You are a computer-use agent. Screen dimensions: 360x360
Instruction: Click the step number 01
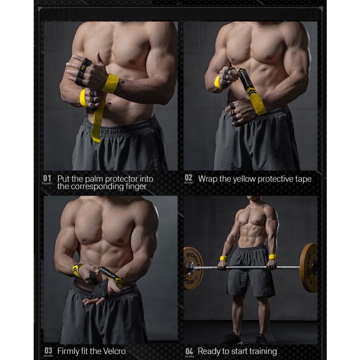click(47, 178)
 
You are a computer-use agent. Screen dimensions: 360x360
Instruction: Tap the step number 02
click(188, 178)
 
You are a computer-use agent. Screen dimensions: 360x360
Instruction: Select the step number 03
click(47, 350)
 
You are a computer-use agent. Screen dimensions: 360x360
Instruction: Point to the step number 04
click(189, 350)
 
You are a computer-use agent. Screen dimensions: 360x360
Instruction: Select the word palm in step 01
click(93, 179)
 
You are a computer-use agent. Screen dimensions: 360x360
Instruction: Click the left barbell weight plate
click(193, 268)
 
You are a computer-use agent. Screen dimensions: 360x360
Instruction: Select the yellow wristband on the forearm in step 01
click(110, 83)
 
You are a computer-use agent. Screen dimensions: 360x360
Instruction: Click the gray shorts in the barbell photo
click(250, 272)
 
